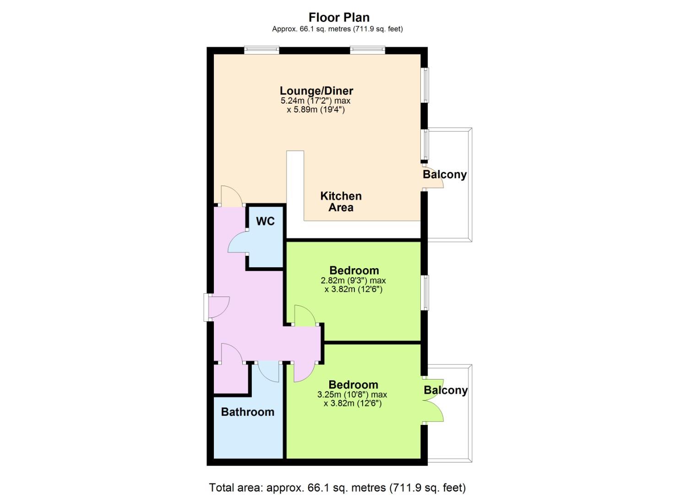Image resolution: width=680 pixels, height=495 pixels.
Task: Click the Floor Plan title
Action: pyautogui.click(x=339, y=17)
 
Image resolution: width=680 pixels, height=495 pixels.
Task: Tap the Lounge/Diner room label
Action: pyautogui.click(x=316, y=91)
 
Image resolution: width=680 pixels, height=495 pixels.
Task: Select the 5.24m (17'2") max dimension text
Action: pyautogui.click(x=316, y=100)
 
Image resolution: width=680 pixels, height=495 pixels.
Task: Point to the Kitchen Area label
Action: pyautogui.click(x=341, y=202)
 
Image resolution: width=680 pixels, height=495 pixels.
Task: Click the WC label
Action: pyautogui.click(x=265, y=221)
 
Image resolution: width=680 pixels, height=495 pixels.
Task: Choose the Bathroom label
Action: pyautogui.click(x=248, y=412)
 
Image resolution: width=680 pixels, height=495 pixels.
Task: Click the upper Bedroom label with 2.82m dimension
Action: pyautogui.click(x=354, y=270)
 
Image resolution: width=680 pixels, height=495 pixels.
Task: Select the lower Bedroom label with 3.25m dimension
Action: pyautogui.click(x=354, y=385)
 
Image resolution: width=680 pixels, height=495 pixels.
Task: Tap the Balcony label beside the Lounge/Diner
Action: pyautogui.click(x=445, y=175)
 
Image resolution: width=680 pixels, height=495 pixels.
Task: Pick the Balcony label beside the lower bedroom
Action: pyautogui.click(x=446, y=390)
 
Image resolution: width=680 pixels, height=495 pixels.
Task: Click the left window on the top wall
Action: pyautogui.click(x=261, y=50)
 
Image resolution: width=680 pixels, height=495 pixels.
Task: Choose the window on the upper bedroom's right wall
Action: pyautogui.click(x=424, y=292)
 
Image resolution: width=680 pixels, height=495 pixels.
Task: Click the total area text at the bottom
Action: pyautogui.click(x=337, y=488)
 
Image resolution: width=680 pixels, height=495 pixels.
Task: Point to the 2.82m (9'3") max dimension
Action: pyautogui.click(x=353, y=280)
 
